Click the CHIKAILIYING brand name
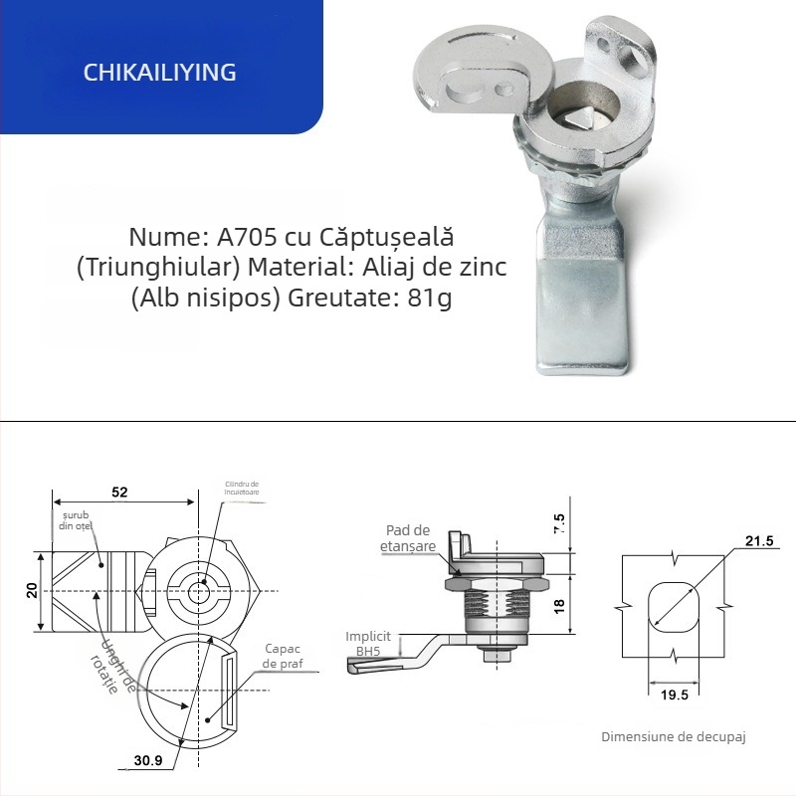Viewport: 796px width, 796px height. (160, 73)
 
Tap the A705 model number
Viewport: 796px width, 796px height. (242, 239)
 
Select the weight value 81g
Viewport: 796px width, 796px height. (430, 298)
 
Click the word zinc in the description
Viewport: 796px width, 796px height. (483, 269)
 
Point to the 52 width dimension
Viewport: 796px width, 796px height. (119, 493)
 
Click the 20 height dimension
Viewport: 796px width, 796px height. (33, 591)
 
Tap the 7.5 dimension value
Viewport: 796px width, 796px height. (558, 524)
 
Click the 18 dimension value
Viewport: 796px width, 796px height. (558, 604)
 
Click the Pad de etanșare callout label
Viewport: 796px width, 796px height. (408, 539)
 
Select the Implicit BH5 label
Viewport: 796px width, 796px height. (368, 643)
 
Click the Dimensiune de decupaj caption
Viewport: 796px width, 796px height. (673, 737)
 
